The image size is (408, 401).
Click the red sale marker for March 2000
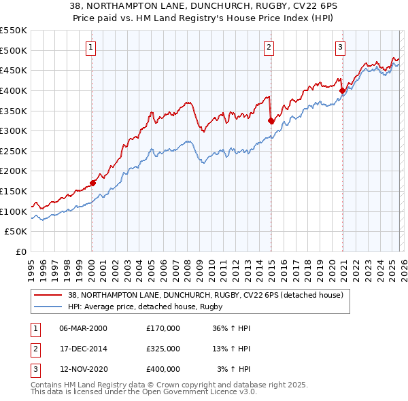[x=93, y=183]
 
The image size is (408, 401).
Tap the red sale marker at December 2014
[x=271, y=121]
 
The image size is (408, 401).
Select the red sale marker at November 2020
[x=342, y=90]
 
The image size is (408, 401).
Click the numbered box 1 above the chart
[x=90, y=47]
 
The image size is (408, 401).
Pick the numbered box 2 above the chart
[x=269, y=47]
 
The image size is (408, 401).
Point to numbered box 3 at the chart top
[x=339, y=47]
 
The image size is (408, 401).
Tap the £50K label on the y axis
[x=16, y=232]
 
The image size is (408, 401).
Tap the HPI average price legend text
[x=146, y=307]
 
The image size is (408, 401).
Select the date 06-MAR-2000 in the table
[x=83, y=328]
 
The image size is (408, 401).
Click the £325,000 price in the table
[x=163, y=349]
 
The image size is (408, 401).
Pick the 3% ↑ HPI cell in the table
[x=233, y=369]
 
